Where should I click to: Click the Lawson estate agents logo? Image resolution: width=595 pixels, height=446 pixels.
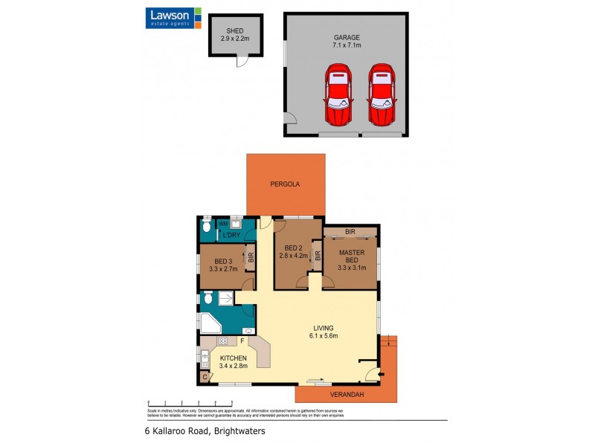(173, 17)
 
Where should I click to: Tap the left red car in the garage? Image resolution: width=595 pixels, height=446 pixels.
(338, 95)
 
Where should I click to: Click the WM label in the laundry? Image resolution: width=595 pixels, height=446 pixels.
(222, 224)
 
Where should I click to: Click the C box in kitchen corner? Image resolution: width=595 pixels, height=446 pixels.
(205, 377)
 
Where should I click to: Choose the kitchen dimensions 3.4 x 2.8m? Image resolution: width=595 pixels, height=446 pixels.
(233, 366)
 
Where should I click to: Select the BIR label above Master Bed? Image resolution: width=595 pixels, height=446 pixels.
(350, 233)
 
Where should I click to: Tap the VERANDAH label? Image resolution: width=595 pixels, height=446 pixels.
(347, 395)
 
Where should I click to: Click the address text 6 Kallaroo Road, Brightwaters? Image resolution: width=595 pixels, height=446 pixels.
(205, 430)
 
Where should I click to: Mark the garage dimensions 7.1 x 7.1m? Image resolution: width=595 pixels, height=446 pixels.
(346, 45)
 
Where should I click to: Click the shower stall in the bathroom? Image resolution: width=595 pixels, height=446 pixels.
(225, 298)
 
